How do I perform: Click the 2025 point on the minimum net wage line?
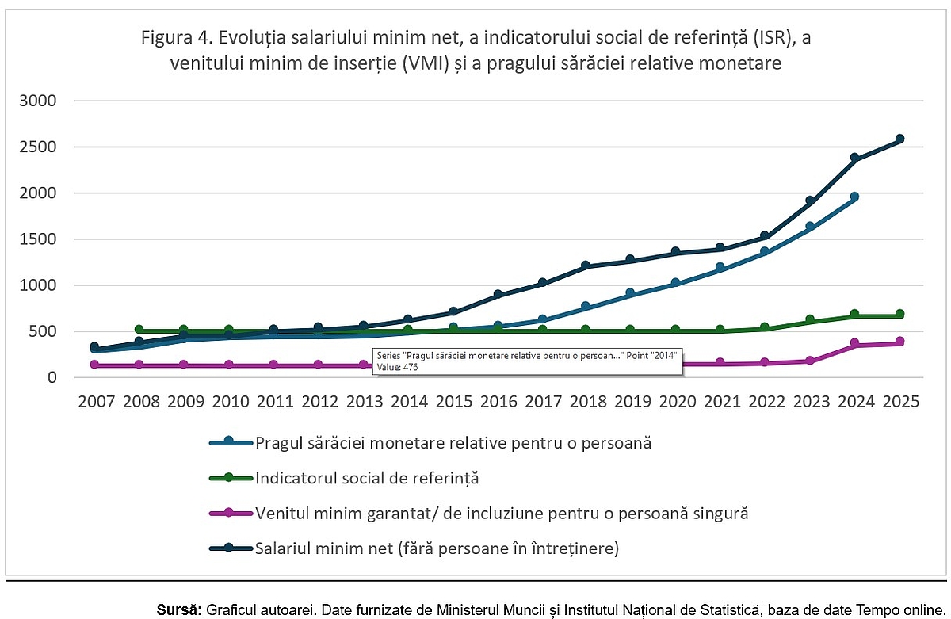899,139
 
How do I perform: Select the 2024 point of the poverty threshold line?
854,197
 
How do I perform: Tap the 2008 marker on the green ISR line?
139,330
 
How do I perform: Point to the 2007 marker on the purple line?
94,365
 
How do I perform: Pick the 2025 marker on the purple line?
899,342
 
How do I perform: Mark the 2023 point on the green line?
810,320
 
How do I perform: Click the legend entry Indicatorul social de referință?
367,478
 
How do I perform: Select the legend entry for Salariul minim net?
436,548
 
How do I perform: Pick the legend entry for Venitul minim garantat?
502,513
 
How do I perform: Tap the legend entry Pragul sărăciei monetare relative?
453,443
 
